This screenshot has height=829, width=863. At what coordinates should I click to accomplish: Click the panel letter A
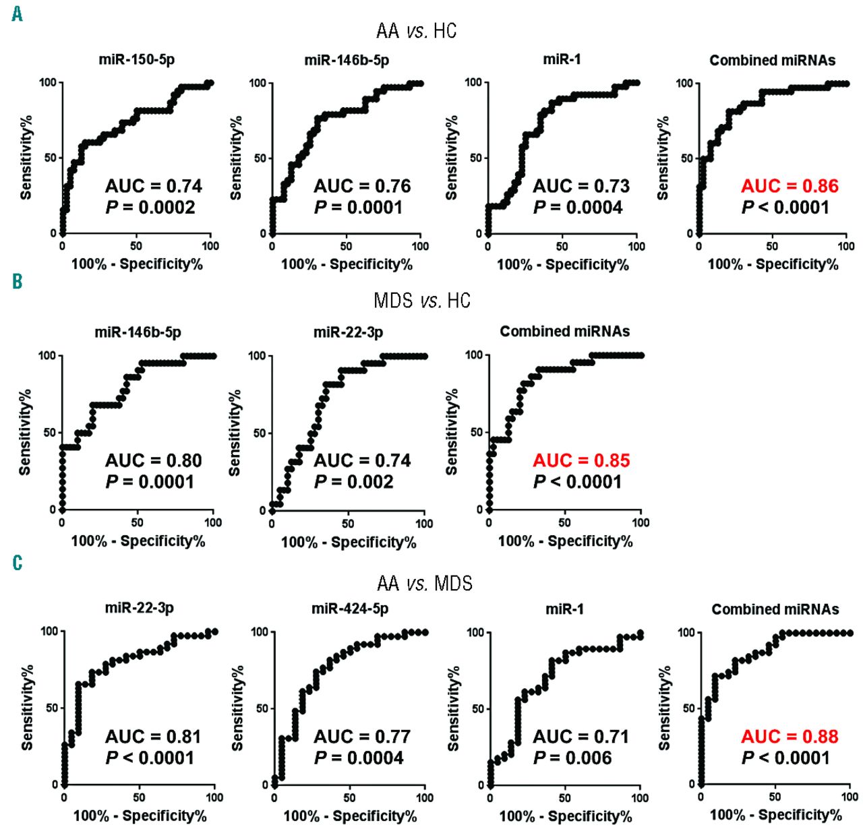point(18,13)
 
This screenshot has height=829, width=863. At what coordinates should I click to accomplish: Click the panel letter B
point(18,281)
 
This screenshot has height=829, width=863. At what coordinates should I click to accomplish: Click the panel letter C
point(18,563)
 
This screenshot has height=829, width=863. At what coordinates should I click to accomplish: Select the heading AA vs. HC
point(416,31)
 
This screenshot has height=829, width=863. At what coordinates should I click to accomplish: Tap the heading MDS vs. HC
point(421,300)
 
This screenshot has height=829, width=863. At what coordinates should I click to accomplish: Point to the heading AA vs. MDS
point(425,583)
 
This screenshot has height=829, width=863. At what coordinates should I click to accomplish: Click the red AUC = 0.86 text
point(790,186)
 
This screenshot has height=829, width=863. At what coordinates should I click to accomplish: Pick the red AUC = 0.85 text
point(581,460)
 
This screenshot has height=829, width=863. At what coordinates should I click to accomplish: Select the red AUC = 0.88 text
point(790,737)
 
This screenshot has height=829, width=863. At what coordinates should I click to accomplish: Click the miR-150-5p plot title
point(137,59)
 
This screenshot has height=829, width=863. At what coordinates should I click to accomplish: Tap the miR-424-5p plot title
point(350,609)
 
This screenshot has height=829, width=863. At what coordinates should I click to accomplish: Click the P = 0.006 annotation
point(572,758)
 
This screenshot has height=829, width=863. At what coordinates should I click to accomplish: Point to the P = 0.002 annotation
point(354,482)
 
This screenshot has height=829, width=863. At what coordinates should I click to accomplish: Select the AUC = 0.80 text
point(153,460)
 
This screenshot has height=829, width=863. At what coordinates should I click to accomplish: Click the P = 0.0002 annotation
point(150,208)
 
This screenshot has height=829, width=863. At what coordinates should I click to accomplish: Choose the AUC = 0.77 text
point(362,737)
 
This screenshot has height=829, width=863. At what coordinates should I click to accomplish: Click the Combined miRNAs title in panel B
point(565,332)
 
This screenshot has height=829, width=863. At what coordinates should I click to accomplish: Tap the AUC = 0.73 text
point(581,186)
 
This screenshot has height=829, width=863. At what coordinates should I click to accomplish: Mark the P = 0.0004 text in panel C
point(359,758)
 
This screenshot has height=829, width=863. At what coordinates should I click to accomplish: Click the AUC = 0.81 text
point(153,737)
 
